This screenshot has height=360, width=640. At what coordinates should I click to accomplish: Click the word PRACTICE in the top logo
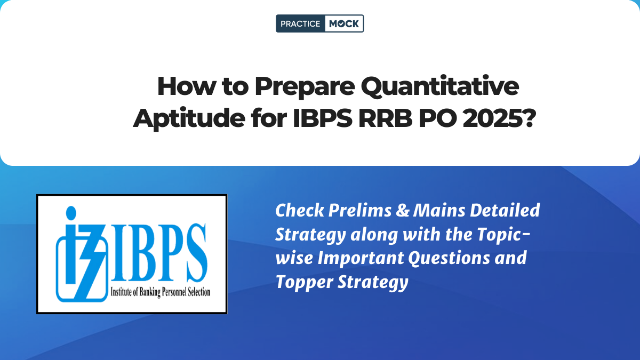(x=300, y=23)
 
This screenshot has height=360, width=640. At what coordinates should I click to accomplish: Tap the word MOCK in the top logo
(x=343, y=23)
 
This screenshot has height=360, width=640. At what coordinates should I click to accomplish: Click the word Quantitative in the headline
(x=439, y=86)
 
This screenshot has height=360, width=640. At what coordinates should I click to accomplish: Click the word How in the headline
(x=186, y=86)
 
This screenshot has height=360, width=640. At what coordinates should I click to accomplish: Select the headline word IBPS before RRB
(x=323, y=118)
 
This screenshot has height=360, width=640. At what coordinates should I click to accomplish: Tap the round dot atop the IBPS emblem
(x=71, y=213)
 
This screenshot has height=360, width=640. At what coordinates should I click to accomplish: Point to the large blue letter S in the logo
(x=197, y=253)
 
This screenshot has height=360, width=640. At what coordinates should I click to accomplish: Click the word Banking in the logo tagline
(x=149, y=292)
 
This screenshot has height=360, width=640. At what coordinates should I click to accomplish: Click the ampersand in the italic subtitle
(x=403, y=211)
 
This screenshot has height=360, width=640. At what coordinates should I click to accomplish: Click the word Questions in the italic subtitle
(x=449, y=259)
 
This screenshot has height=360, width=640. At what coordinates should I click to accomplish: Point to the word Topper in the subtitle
(x=304, y=283)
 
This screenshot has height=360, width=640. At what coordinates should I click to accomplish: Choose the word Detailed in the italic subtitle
(x=505, y=211)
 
